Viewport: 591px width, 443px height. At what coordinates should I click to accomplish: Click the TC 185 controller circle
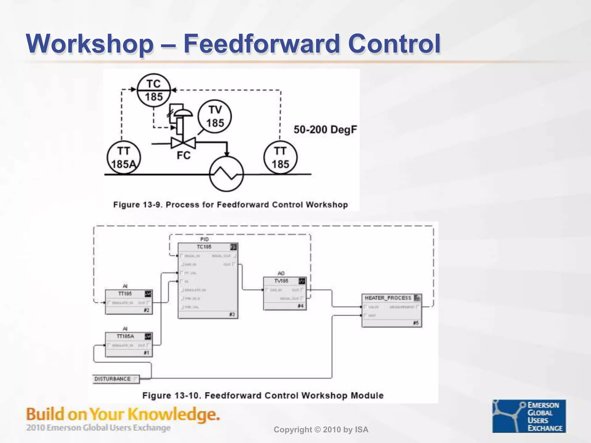[x=154, y=90]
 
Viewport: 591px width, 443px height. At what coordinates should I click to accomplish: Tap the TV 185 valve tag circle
[x=215, y=117]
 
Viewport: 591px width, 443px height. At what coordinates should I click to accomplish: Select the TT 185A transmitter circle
[x=124, y=157]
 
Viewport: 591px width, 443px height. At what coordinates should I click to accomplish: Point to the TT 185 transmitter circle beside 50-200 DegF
[x=280, y=157]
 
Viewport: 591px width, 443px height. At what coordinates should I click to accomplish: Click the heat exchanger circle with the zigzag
[x=227, y=174]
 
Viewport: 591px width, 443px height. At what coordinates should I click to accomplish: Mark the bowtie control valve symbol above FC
[x=183, y=143]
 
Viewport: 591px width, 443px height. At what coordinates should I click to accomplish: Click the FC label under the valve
[x=184, y=156]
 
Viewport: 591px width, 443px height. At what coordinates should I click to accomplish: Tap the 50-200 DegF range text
[x=325, y=129]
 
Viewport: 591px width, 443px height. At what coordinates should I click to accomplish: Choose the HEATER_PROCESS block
[x=392, y=310]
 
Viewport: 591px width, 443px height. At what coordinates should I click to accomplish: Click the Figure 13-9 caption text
[x=230, y=205]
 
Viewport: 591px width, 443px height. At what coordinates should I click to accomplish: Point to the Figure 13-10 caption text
[x=263, y=395]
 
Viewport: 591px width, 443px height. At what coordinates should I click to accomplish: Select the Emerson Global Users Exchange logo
[x=529, y=416]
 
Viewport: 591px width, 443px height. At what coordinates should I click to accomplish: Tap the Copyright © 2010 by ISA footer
[x=321, y=430]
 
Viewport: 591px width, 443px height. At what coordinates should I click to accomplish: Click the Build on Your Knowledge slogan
[x=123, y=414]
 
